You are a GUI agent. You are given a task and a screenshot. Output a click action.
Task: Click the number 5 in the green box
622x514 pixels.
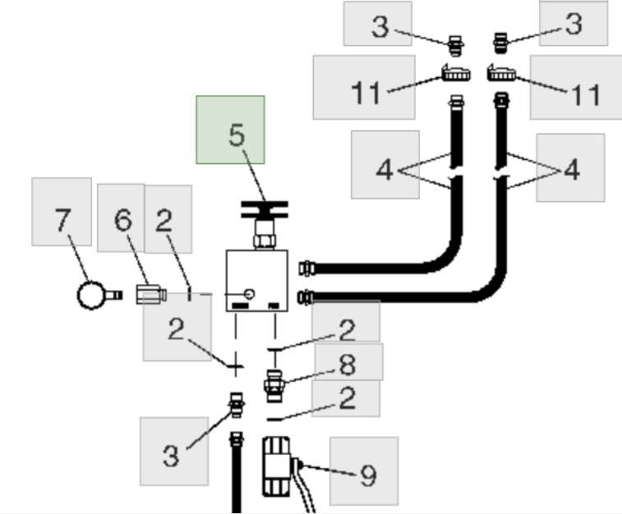(237, 136)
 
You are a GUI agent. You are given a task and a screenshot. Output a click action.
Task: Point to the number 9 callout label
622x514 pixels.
(368, 475)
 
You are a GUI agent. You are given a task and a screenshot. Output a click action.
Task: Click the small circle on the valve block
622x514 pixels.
(251, 294)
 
